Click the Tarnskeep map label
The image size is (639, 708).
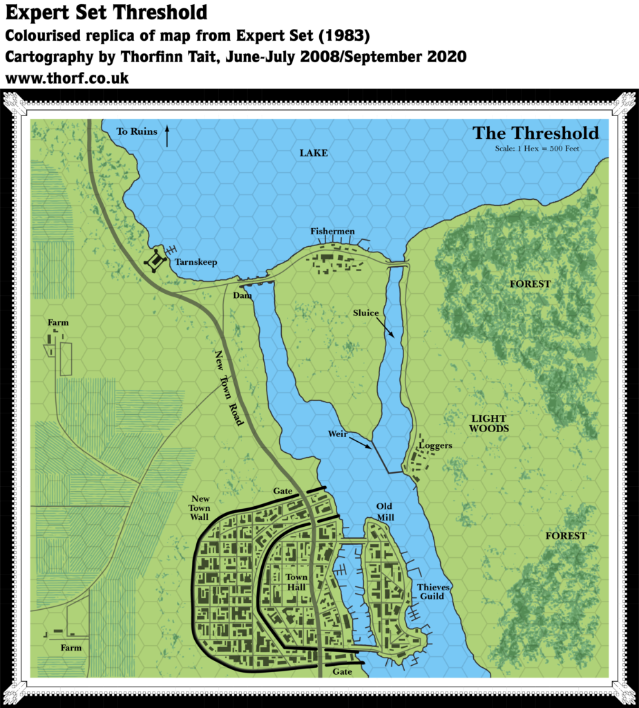pyautogui.click(x=197, y=263)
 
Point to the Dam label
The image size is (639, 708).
pyautogui.click(x=242, y=295)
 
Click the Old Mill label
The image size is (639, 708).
pyautogui.click(x=385, y=512)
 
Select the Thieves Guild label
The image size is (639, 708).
pyautogui.click(x=435, y=591)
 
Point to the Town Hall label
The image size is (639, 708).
pyautogui.click(x=297, y=582)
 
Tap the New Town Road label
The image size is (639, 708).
pyautogui.click(x=228, y=387)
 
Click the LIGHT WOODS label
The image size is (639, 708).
pyautogui.click(x=488, y=424)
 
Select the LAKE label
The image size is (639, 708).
pyautogui.click(x=313, y=153)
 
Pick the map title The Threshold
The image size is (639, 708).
pyautogui.click(x=535, y=133)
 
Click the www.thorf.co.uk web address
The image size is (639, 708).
pyautogui.click(x=68, y=79)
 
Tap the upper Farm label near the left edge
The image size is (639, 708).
pyautogui.click(x=58, y=323)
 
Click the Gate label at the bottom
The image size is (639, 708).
pyautogui.click(x=342, y=671)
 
